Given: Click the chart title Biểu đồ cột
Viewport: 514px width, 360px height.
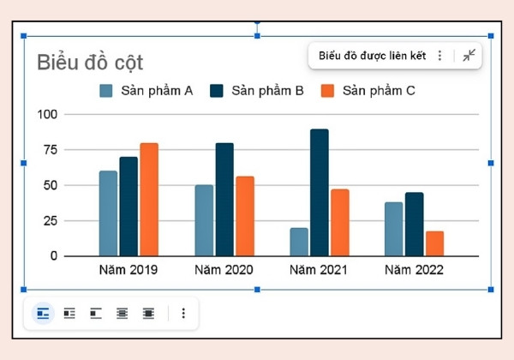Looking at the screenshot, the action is point(90,63).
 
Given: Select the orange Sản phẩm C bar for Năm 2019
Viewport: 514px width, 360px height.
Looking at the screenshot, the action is point(149,200).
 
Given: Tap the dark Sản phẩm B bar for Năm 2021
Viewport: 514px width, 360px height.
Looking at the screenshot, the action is point(320,193).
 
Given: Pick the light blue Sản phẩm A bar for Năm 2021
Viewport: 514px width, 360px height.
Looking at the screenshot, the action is point(299,242).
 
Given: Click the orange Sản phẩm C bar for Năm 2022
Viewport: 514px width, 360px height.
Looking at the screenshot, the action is point(434,243).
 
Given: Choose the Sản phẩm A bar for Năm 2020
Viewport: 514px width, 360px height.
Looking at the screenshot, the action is point(204,220).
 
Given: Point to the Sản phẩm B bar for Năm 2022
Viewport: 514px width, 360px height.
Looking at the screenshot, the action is point(415,225).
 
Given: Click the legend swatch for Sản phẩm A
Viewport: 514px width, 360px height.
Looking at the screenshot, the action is point(106,91).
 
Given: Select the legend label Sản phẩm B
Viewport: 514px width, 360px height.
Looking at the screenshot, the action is point(267,91).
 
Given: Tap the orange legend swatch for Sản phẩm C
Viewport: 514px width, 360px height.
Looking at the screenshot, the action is point(327,91).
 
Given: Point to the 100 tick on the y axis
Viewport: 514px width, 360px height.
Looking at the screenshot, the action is point(47,114).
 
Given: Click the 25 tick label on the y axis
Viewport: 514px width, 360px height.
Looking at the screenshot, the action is point(51,221).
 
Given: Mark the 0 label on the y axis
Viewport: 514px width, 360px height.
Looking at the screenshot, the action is point(54,256).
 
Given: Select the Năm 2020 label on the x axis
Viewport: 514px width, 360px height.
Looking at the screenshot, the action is point(224,270).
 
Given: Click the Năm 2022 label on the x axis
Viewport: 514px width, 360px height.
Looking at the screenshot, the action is point(414,270).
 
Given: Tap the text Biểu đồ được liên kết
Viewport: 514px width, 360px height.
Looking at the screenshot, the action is point(373,56).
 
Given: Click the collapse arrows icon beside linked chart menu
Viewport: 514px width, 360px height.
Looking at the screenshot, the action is point(469,55).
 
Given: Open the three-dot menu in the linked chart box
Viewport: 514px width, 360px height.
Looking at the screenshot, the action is point(440,56).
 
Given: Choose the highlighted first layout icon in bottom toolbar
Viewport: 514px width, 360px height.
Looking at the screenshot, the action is point(43,314).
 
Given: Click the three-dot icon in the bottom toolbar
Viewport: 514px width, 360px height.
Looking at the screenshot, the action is point(183,314).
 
